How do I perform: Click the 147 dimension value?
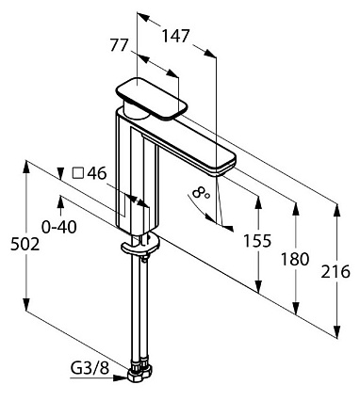coord(176,36)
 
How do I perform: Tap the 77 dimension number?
coord(120,44)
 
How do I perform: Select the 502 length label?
coord(25,244)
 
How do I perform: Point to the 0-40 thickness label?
coord(59,227)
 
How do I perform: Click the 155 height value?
coord(257,241)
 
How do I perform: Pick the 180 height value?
coord(295,259)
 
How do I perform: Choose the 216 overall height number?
coord(335,271)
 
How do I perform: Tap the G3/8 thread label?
coord(90,368)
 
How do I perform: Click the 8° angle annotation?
coord(202,193)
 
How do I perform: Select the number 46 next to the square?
coord(97,173)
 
